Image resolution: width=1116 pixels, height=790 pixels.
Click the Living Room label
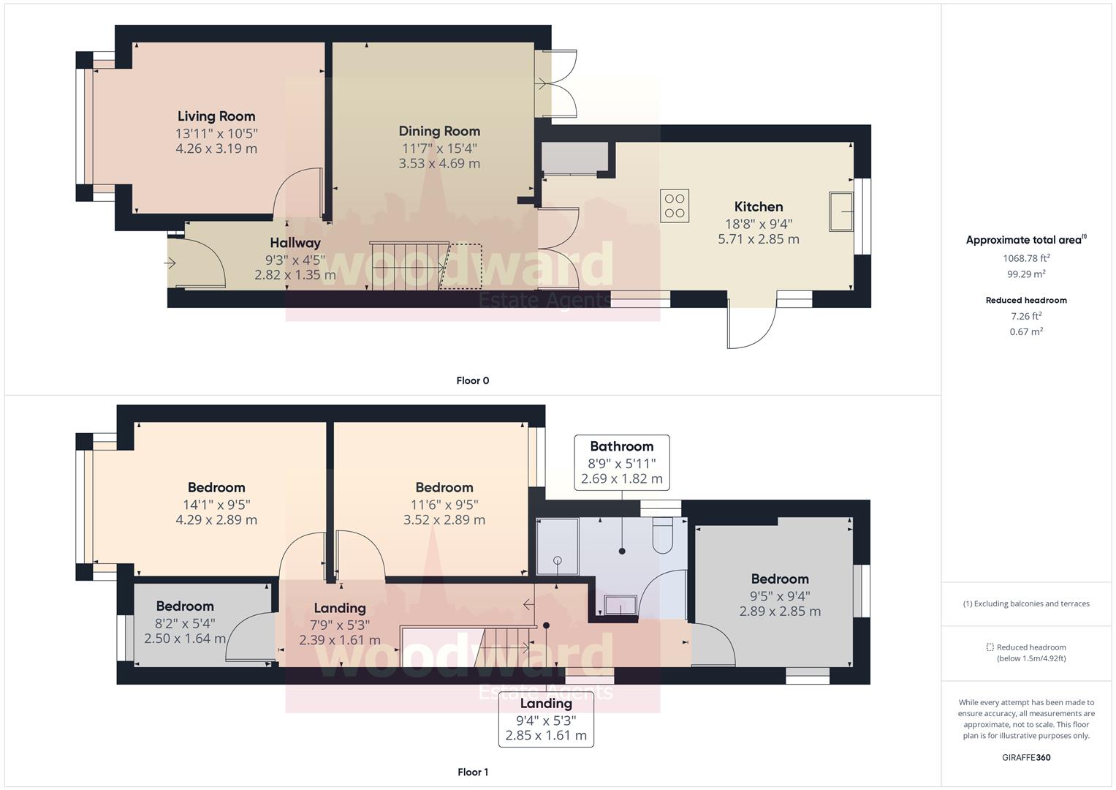click(x=216, y=116)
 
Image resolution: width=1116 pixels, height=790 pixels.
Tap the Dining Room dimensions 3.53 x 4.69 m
click(x=439, y=164)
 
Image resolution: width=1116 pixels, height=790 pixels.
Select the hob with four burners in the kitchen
click(x=675, y=206)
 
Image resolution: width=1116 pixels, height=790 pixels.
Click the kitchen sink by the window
click(x=841, y=211)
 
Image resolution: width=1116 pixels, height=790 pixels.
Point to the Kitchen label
click(x=759, y=207)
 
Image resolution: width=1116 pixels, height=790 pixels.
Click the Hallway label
click(x=295, y=243)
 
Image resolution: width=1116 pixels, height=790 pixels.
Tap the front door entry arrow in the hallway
click(x=171, y=263)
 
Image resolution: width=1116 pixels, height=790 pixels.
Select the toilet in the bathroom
click(x=663, y=538)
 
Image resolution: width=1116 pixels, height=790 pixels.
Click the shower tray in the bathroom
click(x=557, y=546)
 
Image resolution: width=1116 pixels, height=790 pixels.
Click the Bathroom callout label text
click(x=621, y=446)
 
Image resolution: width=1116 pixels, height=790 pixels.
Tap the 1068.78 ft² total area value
click(x=1026, y=258)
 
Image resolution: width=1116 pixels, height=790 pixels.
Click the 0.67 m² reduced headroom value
click(x=1026, y=331)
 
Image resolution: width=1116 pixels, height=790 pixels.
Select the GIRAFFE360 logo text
click(x=1026, y=757)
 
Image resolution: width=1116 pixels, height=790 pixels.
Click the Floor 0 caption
click(x=472, y=380)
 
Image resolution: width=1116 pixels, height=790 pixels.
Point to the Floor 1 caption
click(x=472, y=772)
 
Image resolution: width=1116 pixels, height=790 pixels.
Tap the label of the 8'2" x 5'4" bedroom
click(x=185, y=606)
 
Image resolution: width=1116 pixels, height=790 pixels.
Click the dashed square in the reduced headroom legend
click(x=990, y=647)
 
